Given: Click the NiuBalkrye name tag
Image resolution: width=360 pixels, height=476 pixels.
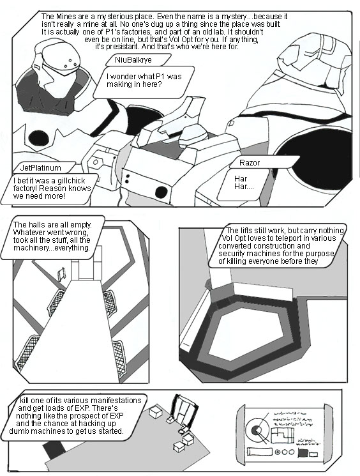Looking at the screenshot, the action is [139, 60].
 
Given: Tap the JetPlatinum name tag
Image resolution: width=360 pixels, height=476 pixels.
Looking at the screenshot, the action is [44, 167].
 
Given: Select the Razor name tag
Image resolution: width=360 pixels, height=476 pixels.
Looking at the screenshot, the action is [263, 162].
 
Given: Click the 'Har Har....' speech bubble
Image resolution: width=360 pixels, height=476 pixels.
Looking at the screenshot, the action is [243, 185].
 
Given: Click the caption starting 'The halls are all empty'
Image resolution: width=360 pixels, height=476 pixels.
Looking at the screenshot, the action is [52, 238].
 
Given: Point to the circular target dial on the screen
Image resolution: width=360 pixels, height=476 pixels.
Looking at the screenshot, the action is [257, 430].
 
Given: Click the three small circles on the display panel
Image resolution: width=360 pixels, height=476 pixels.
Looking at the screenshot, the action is [285, 452].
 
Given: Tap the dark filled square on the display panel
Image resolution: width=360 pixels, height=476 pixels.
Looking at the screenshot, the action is [303, 453].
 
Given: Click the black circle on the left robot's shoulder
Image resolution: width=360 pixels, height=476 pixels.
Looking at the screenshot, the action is [38, 138].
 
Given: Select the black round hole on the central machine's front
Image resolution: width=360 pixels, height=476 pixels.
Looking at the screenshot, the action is [161, 192].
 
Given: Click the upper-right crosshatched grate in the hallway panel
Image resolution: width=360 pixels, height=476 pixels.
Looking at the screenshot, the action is [109, 303].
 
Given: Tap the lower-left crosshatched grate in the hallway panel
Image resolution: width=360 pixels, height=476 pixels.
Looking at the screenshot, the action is [27, 353].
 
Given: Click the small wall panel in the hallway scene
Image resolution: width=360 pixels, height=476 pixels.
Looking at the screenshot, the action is [62, 274].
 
